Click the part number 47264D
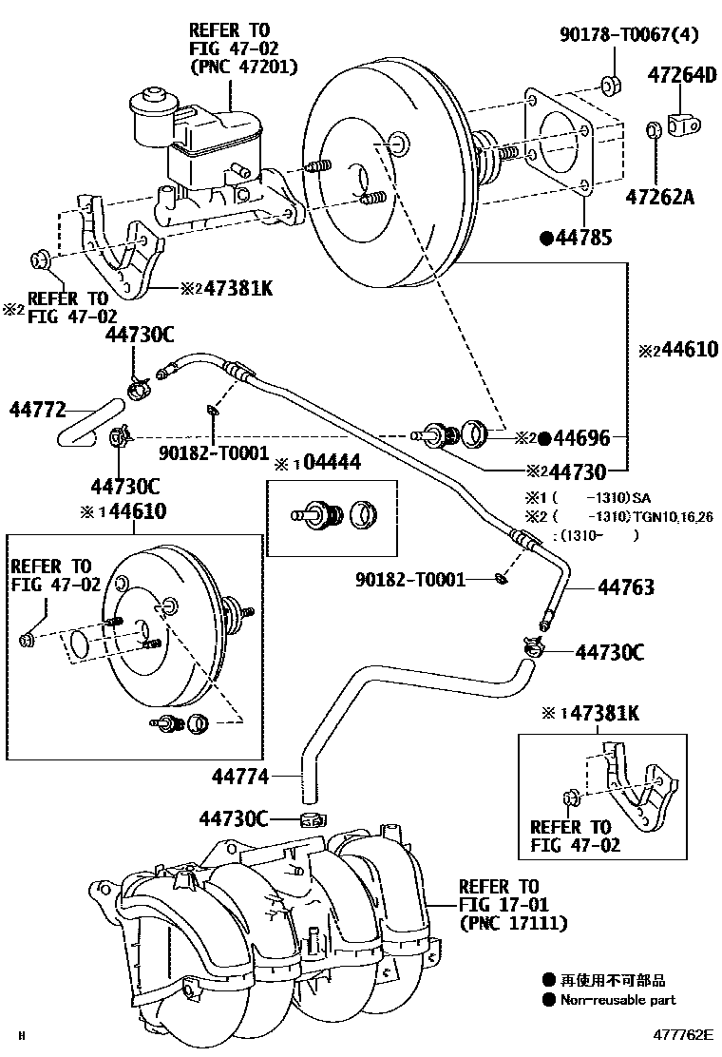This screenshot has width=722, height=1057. click(x=682, y=73)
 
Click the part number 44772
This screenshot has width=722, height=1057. click(x=38, y=411)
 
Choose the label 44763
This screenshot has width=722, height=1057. click(x=625, y=588)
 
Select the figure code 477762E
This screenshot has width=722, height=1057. click(x=681, y=1035)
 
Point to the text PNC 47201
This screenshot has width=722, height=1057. click(x=244, y=67)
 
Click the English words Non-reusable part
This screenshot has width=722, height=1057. click(x=617, y=1000)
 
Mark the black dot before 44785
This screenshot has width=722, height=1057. click(x=547, y=238)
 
